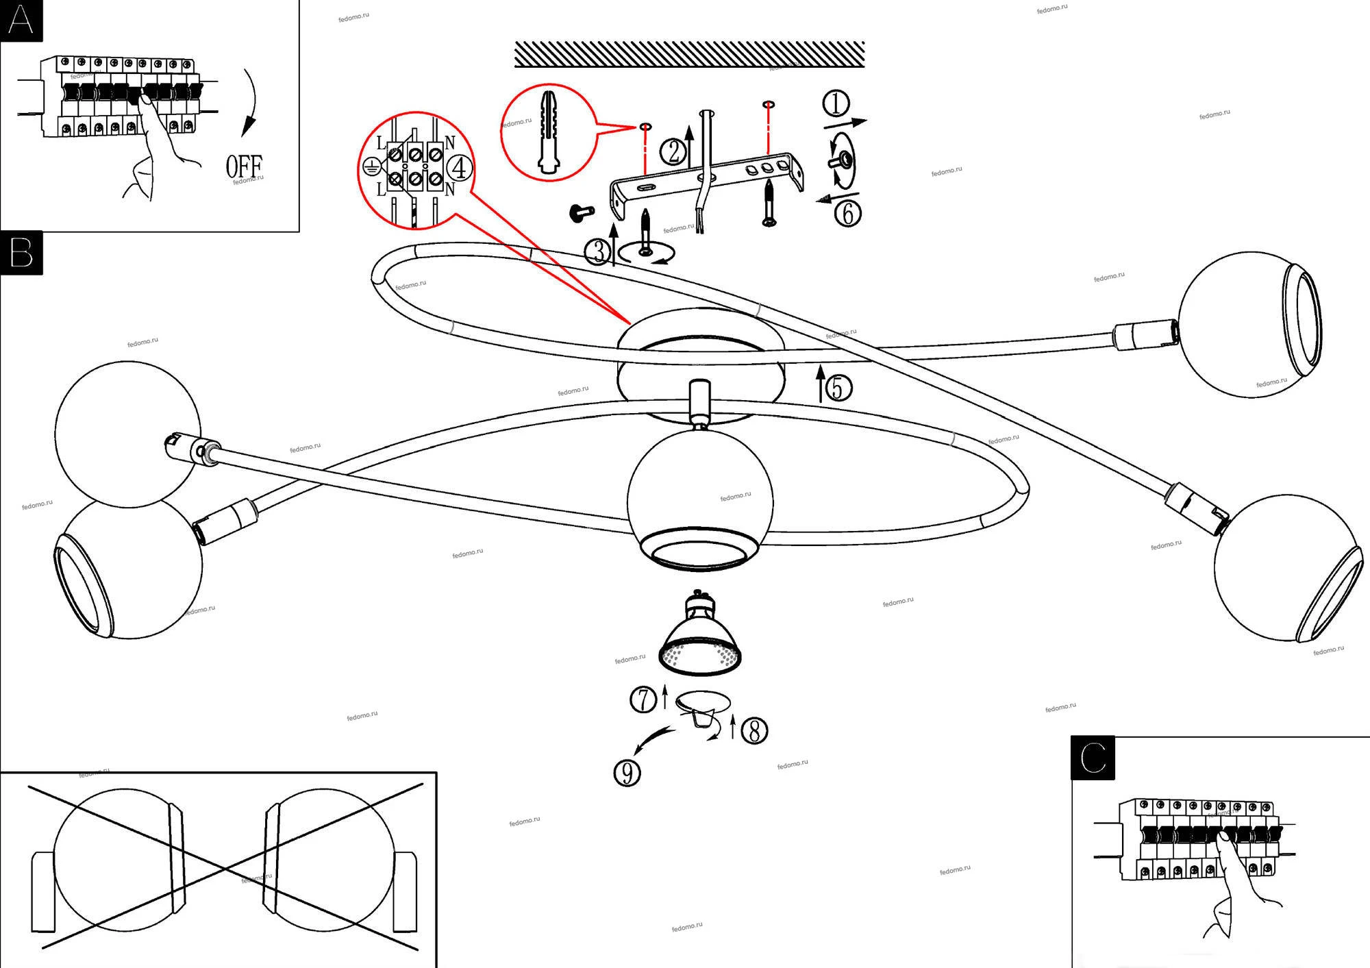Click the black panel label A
pos(21,21)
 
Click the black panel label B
pos(21,253)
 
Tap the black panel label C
pos(1093,758)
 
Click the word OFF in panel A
pos(244,166)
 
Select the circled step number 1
pos(836,103)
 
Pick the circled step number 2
pos(673,151)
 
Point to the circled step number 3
pos(597,252)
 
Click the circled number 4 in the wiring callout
pos(460,168)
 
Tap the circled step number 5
pos(838,388)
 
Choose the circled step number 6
pos(847,213)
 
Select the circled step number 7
pos(643,699)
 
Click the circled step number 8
pos(754,730)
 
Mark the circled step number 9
pos(627,773)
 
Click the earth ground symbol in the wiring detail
pos(371,166)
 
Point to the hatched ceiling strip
pos(689,54)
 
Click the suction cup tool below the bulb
pos(703,709)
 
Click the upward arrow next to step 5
pos(820,384)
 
